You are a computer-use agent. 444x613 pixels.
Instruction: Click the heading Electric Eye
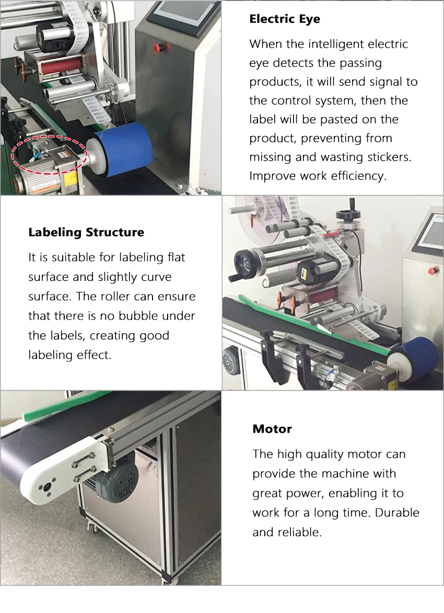(x=285, y=19)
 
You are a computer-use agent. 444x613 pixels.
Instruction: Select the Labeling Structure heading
(x=86, y=232)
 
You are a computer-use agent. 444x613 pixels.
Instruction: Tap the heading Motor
(x=272, y=429)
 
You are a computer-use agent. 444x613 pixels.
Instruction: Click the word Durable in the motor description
(x=398, y=513)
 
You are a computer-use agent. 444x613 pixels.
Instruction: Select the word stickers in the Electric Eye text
(x=388, y=157)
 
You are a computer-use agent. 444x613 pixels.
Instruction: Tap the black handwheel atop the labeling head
(x=344, y=215)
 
